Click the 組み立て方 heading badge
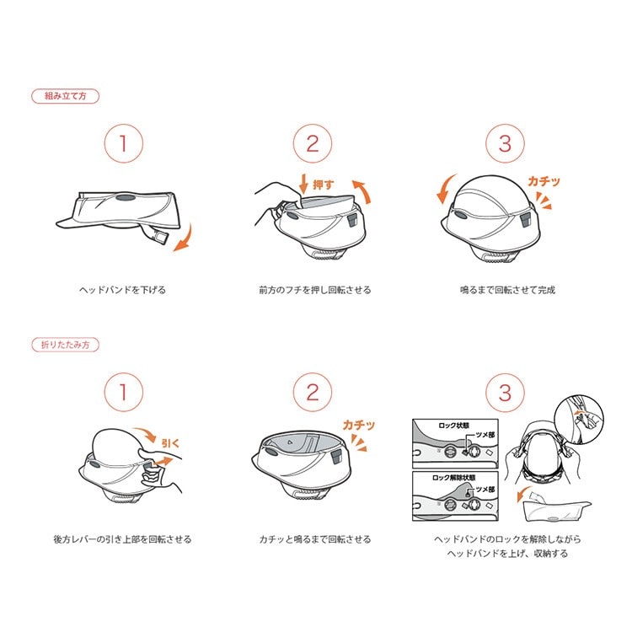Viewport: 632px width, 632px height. pos(65,96)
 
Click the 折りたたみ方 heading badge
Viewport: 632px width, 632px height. pos(65,345)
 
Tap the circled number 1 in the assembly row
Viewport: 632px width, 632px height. pos(124,143)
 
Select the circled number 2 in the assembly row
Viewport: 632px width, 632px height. pos(313,143)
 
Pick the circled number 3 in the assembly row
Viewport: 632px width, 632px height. pos(505,143)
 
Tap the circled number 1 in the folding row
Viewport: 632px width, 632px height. pos(124,392)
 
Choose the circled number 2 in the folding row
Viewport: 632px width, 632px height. pos(313,392)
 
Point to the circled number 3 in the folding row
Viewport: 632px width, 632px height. pos(505,392)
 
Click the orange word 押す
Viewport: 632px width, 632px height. pos(324,185)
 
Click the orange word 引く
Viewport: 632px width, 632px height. pos(170,443)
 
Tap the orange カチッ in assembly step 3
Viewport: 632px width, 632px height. pos(544,181)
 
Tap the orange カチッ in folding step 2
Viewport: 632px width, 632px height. pos(359,425)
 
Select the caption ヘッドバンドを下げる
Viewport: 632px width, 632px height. pos(122,290)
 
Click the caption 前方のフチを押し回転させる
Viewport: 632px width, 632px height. pos(315,290)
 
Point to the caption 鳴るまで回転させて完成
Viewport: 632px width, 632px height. pos(508,290)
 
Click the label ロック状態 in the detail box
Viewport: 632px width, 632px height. pos(454,426)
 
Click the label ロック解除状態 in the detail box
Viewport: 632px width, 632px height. pos(454,478)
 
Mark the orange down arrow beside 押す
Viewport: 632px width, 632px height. pos(303,184)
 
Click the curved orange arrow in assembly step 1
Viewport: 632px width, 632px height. pos(185,238)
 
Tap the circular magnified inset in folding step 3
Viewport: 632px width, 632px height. pos(579,420)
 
